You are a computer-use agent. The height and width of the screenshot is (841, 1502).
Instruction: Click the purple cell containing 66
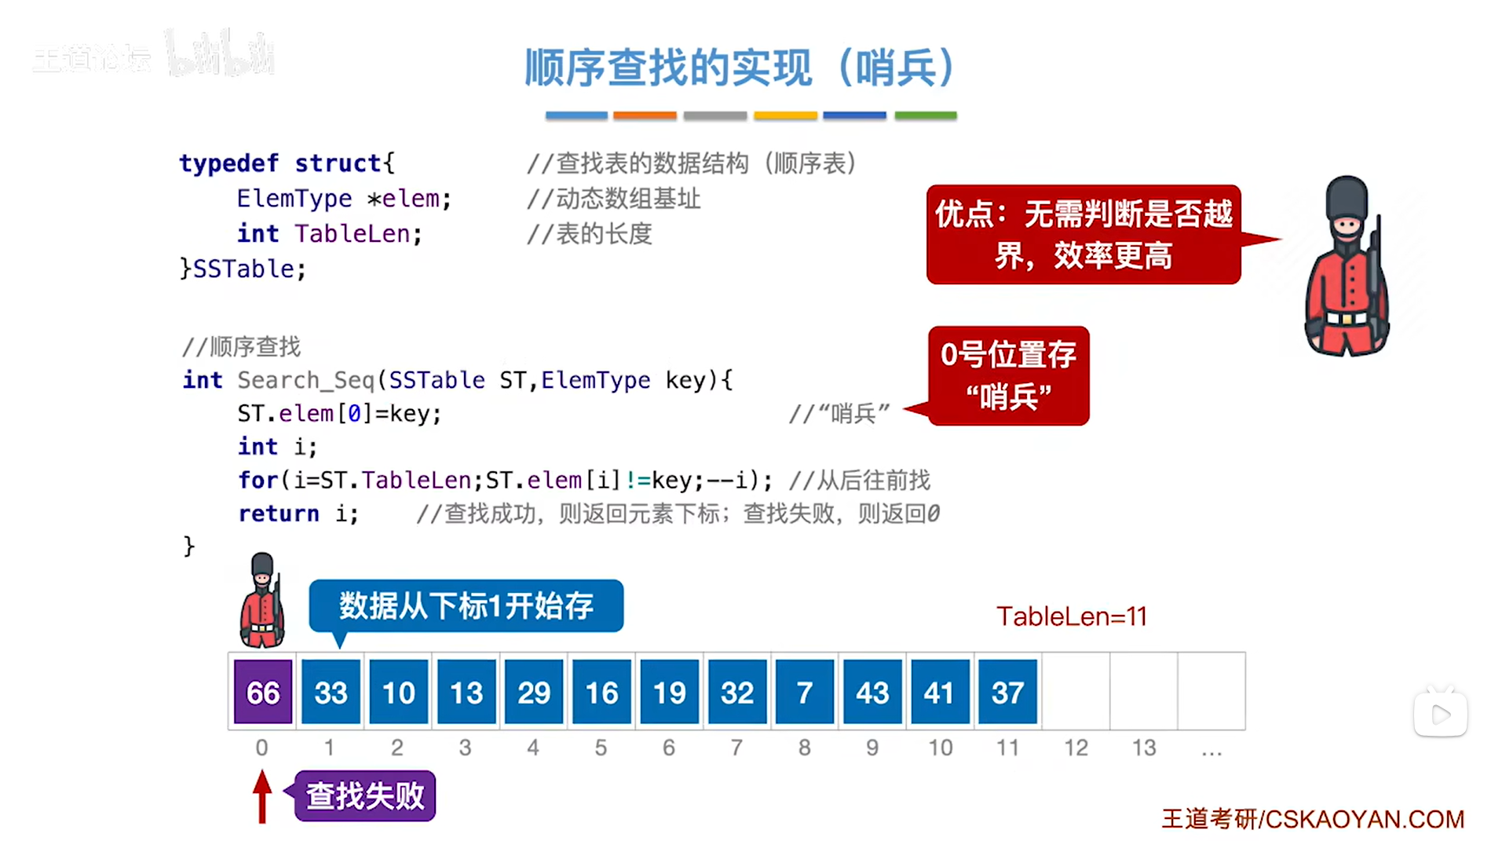coord(263,692)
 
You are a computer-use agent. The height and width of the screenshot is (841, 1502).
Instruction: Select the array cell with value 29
coord(534,692)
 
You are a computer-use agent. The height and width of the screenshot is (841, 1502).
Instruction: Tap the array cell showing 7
coord(805,692)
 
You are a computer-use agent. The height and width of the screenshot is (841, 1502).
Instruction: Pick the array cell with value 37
coord(1007,692)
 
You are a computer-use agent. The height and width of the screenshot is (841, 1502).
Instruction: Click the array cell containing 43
coord(872,692)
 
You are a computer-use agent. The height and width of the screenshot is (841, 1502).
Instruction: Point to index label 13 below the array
coord(1143,748)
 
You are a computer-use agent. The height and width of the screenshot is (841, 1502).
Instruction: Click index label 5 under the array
coord(601,748)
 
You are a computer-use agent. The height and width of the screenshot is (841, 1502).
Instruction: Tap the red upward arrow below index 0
coord(262,796)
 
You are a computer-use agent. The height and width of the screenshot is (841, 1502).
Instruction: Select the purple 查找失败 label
coord(365,796)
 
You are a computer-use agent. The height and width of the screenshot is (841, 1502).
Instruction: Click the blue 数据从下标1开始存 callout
coord(466,606)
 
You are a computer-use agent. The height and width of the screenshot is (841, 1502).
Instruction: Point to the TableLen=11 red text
coord(1072,616)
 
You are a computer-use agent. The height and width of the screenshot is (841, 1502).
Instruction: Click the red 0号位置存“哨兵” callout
coord(1008,376)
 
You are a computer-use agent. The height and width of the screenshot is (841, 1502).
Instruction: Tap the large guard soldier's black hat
coord(1347,196)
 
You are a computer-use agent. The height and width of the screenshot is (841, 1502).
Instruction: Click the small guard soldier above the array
coord(262,601)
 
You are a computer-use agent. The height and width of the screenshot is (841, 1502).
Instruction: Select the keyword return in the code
coord(279,514)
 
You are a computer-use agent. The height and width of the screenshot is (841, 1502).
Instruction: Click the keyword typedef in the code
coord(228,163)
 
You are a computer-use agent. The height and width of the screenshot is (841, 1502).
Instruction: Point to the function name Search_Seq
coord(305,380)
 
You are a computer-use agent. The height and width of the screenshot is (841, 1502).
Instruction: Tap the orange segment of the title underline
coord(645,115)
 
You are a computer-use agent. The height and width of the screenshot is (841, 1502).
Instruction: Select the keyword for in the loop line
coord(258,480)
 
